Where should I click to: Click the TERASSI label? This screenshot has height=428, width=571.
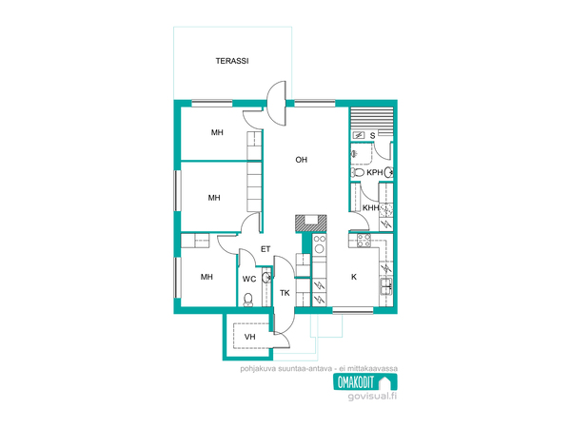click(232, 61)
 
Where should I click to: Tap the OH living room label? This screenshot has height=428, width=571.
click(301, 160)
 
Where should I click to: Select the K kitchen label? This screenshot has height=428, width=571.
click(354, 277)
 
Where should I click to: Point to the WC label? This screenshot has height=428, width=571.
click(249, 279)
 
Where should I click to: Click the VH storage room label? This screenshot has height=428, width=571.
click(249, 337)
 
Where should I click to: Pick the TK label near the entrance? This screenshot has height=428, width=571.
click(285, 293)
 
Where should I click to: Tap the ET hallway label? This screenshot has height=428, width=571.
click(266, 249)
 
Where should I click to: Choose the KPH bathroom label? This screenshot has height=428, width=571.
click(374, 172)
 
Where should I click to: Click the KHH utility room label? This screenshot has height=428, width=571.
click(370, 207)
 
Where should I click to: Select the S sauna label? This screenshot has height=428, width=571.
click(372, 136)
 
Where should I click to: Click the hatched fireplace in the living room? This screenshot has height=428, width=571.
click(310, 224)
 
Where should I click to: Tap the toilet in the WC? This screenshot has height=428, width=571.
click(248, 300)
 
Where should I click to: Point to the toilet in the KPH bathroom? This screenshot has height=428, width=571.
click(357, 172)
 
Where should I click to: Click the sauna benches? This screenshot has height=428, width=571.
click(371, 119)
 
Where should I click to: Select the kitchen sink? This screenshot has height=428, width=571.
click(386, 286)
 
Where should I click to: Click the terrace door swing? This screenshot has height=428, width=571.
click(277, 103)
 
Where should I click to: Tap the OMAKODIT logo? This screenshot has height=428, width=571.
click(364, 382)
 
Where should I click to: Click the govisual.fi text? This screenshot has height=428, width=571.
click(372, 396)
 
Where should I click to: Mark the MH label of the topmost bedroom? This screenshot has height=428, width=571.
click(217, 132)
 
